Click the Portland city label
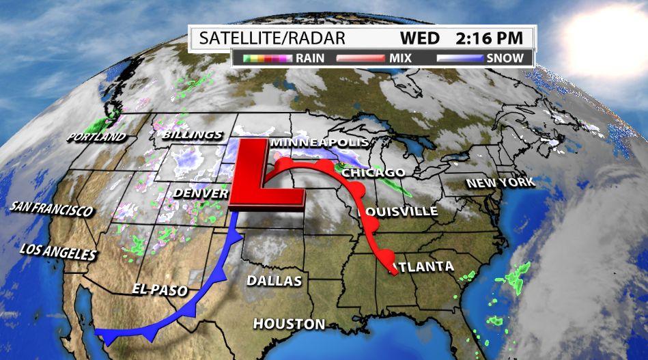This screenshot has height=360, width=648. tap(96, 137)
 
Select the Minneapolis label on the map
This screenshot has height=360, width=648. tap(320, 143)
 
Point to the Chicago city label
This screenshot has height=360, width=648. tap(374, 173)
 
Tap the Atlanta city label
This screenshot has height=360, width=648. tap(423, 266)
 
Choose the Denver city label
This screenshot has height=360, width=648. tap(199, 193)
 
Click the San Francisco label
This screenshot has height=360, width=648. tap(52, 208)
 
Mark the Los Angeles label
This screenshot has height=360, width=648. tap(58, 252)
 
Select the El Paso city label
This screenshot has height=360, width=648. tap(160, 290)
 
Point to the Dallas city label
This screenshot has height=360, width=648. tap(274, 281)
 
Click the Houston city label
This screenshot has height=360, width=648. tap(289, 323)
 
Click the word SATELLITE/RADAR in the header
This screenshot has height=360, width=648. tap(272, 38)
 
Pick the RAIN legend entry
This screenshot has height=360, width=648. tap(310, 58)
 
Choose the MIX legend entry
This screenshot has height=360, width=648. tap(400, 58)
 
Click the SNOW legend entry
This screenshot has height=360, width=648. tap(505, 58)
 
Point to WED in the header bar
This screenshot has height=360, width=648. tap(420, 38)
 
